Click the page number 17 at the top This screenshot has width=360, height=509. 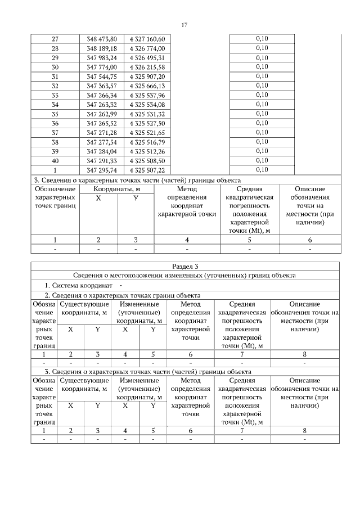click(x=184, y=25)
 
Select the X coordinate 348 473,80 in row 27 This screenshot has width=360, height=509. click(x=102, y=39)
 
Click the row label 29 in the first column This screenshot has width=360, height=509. click(x=55, y=58)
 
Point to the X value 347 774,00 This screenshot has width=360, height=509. click(x=102, y=67)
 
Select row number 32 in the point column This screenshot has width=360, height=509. click(x=55, y=86)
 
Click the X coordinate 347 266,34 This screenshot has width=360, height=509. click(x=102, y=95)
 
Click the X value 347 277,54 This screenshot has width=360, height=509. click(x=102, y=142)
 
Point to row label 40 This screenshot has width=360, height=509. click(x=55, y=160)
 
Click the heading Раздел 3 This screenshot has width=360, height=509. click(x=185, y=266)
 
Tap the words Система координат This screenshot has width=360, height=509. click(x=80, y=285)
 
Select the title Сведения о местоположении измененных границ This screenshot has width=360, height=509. click(x=185, y=276)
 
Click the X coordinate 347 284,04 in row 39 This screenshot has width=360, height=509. click(x=102, y=151)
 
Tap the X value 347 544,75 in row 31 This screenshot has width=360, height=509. click(x=102, y=76)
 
